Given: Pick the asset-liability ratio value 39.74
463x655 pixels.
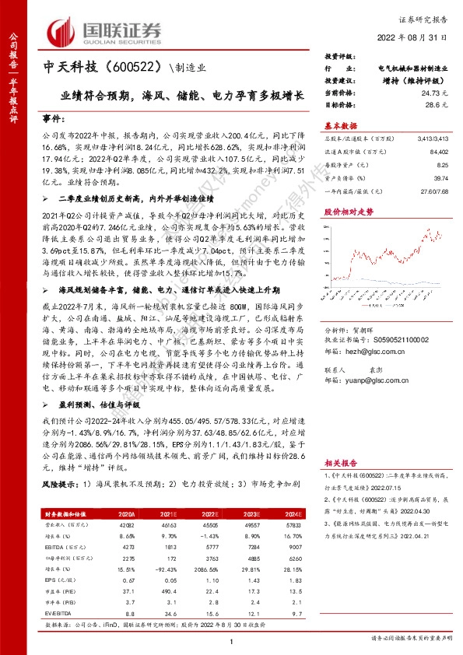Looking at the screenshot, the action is pos(441,177).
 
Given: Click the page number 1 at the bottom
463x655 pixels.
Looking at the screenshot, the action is pos(232,640).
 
